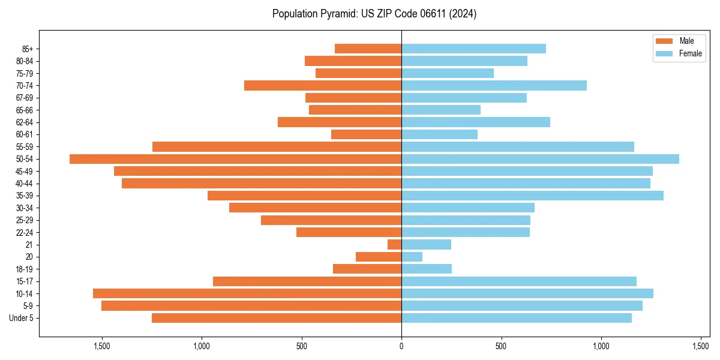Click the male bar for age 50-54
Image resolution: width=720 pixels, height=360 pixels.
(235, 159)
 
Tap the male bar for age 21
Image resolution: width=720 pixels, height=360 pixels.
(394, 245)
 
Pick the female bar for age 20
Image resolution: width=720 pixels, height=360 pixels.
(412, 257)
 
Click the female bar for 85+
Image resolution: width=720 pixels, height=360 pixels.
(473, 49)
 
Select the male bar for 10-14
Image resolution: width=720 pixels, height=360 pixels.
(247, 293)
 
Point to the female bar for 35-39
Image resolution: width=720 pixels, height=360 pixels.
(532, 196)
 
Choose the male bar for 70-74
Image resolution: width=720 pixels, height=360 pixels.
(323, 85)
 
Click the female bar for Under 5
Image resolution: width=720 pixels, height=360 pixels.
(517, 318)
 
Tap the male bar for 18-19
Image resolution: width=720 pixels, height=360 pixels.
(367, 269)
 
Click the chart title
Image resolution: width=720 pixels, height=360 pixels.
(374, 14)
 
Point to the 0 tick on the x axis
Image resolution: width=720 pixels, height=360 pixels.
(401, 346)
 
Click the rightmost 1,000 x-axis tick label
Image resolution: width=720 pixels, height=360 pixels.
(601, 346)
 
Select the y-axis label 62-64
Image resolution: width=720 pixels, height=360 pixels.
(24, 122)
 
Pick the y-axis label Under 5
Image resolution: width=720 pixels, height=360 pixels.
(22, 318)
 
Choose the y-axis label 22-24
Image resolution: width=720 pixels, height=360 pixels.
(24, 232)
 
